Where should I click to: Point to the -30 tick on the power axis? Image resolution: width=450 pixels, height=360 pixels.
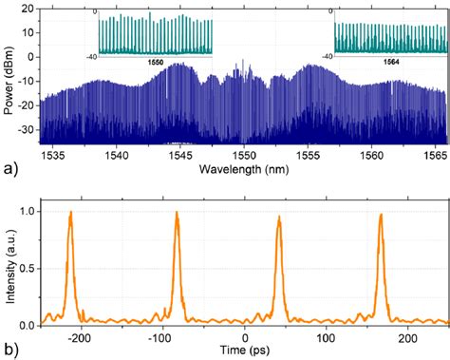[26, 126]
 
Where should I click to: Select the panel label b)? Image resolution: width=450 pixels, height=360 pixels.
[9, 349]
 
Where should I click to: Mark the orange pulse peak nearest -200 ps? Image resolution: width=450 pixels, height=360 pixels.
[70, 212]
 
